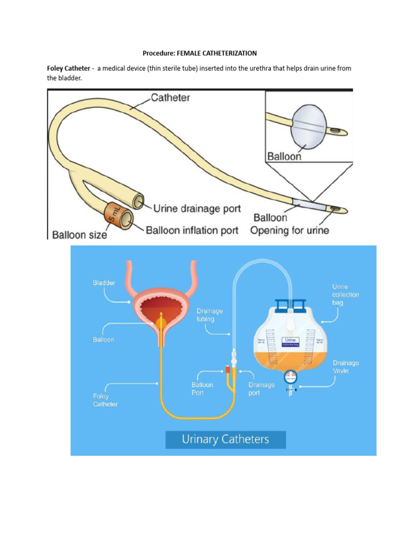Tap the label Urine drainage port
pos(197,209)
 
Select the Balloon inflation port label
pos(192,230)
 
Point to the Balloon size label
pos(79,235)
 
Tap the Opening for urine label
pos(290,230)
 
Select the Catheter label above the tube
pos(170,97)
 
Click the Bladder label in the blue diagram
pos(104,283)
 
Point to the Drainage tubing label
pos(209,315)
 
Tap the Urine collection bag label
pos(345,295)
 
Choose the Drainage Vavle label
pos(346,366)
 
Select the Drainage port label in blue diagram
pos(261,389)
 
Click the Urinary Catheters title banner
pos(226,439)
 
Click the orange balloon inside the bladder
pos(160,322)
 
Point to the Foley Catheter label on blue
pos(106,400)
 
